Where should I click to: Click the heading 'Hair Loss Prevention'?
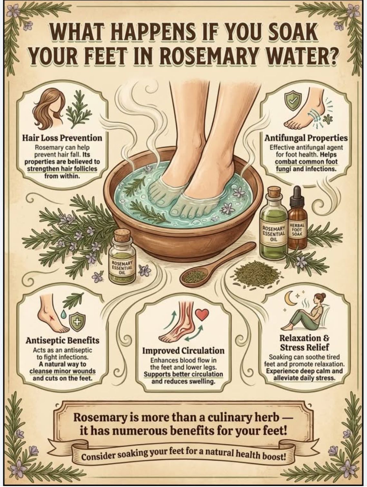62,138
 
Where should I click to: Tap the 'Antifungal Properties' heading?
306,138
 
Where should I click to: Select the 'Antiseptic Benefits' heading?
63,340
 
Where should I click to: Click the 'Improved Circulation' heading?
183,351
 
